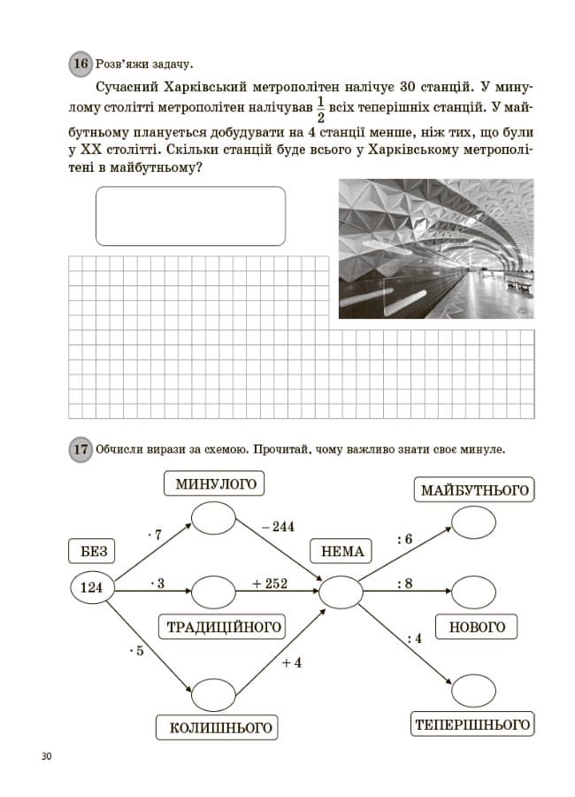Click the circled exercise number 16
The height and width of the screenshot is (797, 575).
point(80,64)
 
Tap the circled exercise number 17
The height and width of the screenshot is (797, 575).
point(80,449)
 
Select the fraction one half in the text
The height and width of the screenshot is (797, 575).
point(320,109)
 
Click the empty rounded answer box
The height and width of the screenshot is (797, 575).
point(190,216)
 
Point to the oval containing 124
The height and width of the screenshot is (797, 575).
point(92,588)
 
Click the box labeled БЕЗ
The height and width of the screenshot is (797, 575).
point(91,552)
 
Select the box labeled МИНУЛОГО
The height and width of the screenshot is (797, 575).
point(214,484)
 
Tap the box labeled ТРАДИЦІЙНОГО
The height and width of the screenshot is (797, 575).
point(223,627)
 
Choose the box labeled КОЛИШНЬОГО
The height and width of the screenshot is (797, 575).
point(217,728)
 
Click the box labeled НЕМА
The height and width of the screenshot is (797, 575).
point(341,552)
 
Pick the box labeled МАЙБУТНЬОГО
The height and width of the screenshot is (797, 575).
point(474,490)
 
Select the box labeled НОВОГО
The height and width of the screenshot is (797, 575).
point(477,627)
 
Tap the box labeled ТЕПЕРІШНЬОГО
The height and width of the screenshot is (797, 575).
point(472,723)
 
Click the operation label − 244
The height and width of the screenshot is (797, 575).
point(278,527)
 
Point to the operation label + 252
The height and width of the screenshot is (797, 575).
point(270,584)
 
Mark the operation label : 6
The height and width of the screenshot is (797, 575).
point(405,538)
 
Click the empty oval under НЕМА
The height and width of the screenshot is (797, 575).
point(341,592)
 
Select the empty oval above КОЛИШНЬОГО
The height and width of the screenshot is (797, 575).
point(213,694)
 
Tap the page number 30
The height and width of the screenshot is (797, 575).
point(46,756)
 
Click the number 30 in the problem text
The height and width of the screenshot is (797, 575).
point(408,87)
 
